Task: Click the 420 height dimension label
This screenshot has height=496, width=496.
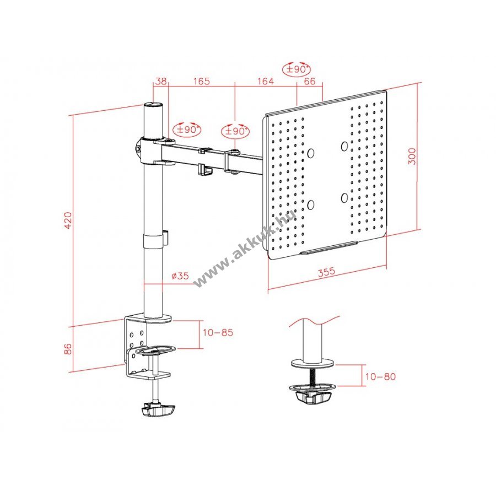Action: (x=68, y=220)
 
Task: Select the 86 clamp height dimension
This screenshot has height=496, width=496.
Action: (x=68, y=349)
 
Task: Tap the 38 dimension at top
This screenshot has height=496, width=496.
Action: (x=161, y=81)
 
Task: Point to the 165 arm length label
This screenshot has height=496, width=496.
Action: (x=202, y=82)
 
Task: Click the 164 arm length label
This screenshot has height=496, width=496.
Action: (x=265, y=82)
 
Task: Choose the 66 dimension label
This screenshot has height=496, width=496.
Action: (x=309, y=82)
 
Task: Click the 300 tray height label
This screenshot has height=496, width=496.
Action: (x=412, y=156)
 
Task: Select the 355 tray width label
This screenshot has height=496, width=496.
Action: (x=326, y=272)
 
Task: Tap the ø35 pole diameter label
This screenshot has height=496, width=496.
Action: (x=180, y=276)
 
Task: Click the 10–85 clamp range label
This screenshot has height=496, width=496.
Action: (x=218, y=332)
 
